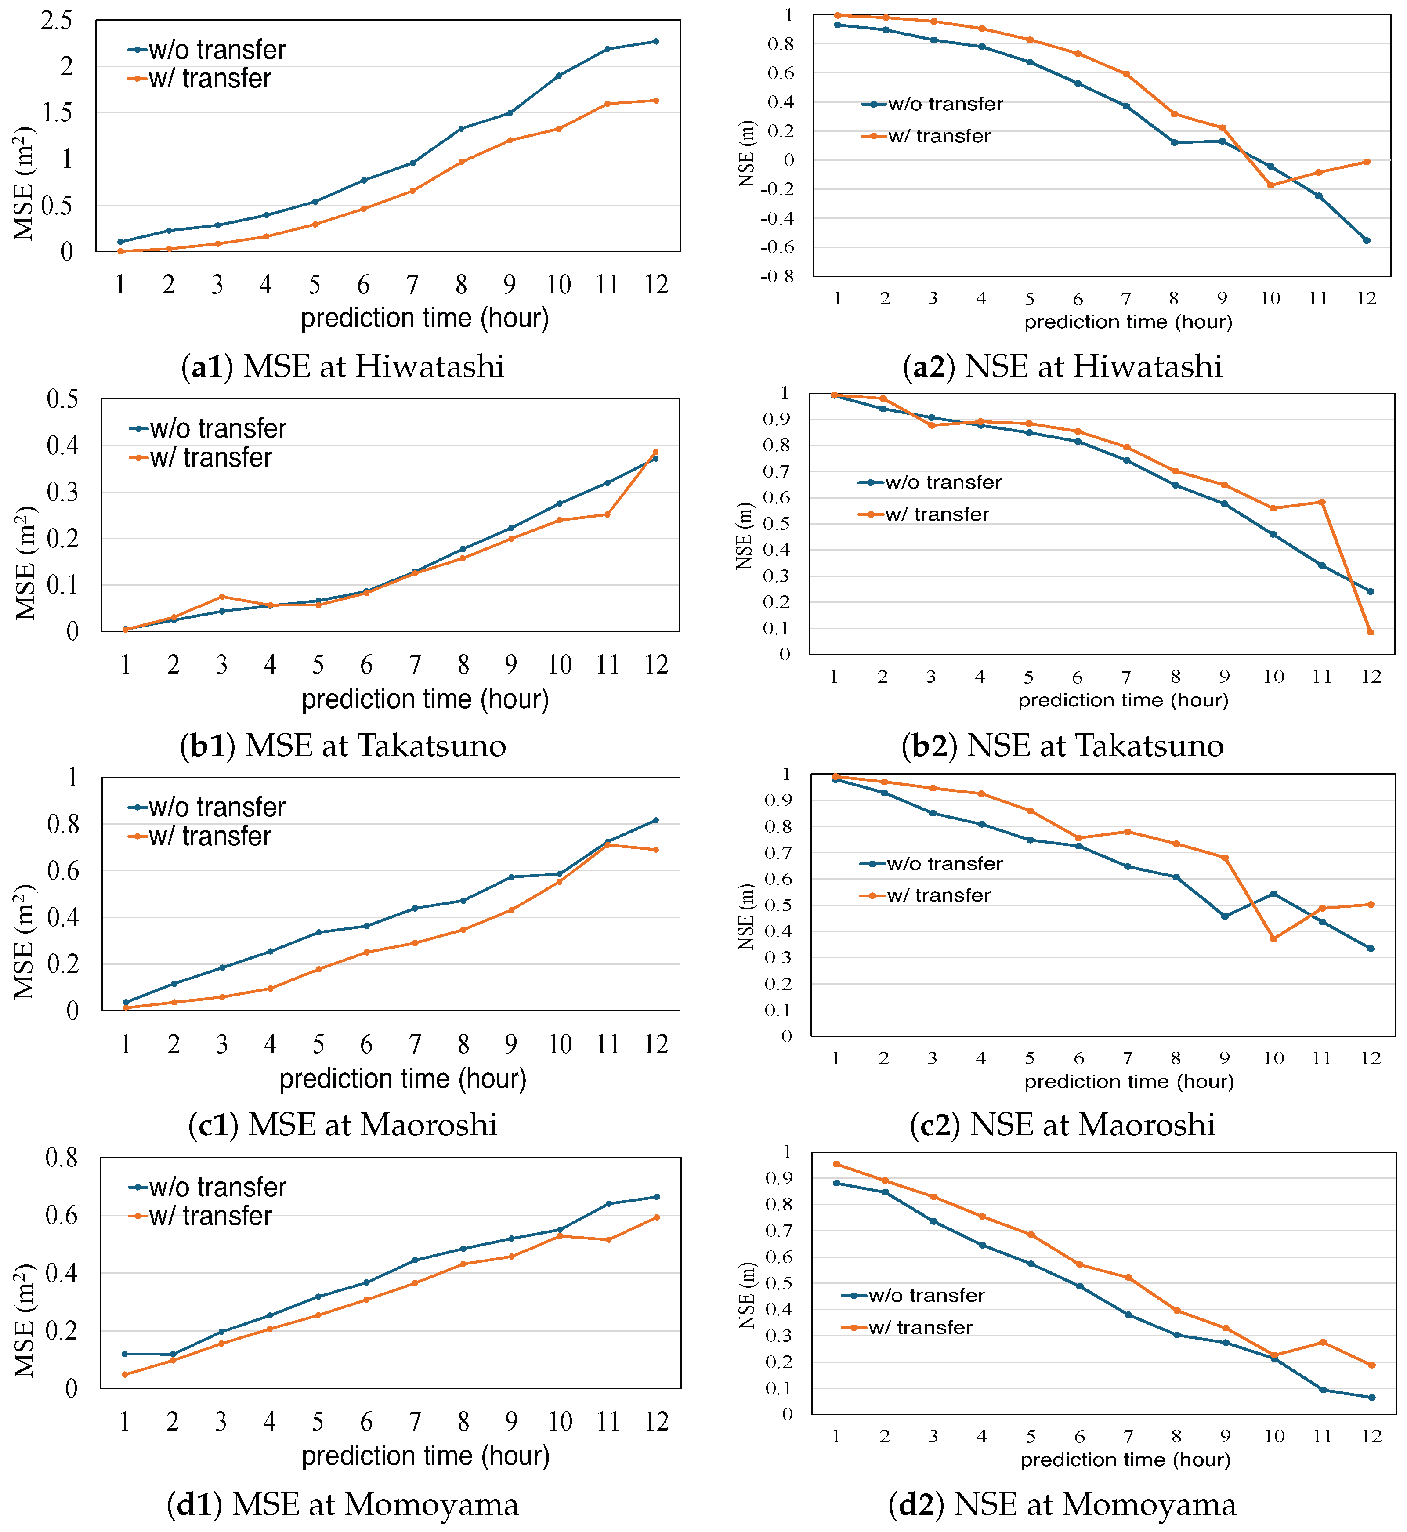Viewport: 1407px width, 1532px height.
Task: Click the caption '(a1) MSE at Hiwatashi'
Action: click(x=343, y=366)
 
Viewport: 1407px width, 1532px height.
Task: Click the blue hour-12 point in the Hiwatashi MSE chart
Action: click(x=656, y=41)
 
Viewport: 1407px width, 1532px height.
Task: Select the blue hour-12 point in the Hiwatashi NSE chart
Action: click(x=1367, y=241)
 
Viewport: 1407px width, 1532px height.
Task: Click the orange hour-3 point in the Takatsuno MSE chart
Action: click(x=221, y=596)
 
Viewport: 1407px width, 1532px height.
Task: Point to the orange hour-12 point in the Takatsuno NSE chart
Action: click(x=1371, y=632)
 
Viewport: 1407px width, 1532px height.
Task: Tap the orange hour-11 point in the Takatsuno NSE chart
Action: click(x=1322, y=502)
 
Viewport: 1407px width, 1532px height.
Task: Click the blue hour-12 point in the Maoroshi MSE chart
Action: click(x=656, y=820)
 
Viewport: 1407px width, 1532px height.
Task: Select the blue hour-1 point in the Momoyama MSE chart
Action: click(x=125, y=1354)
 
